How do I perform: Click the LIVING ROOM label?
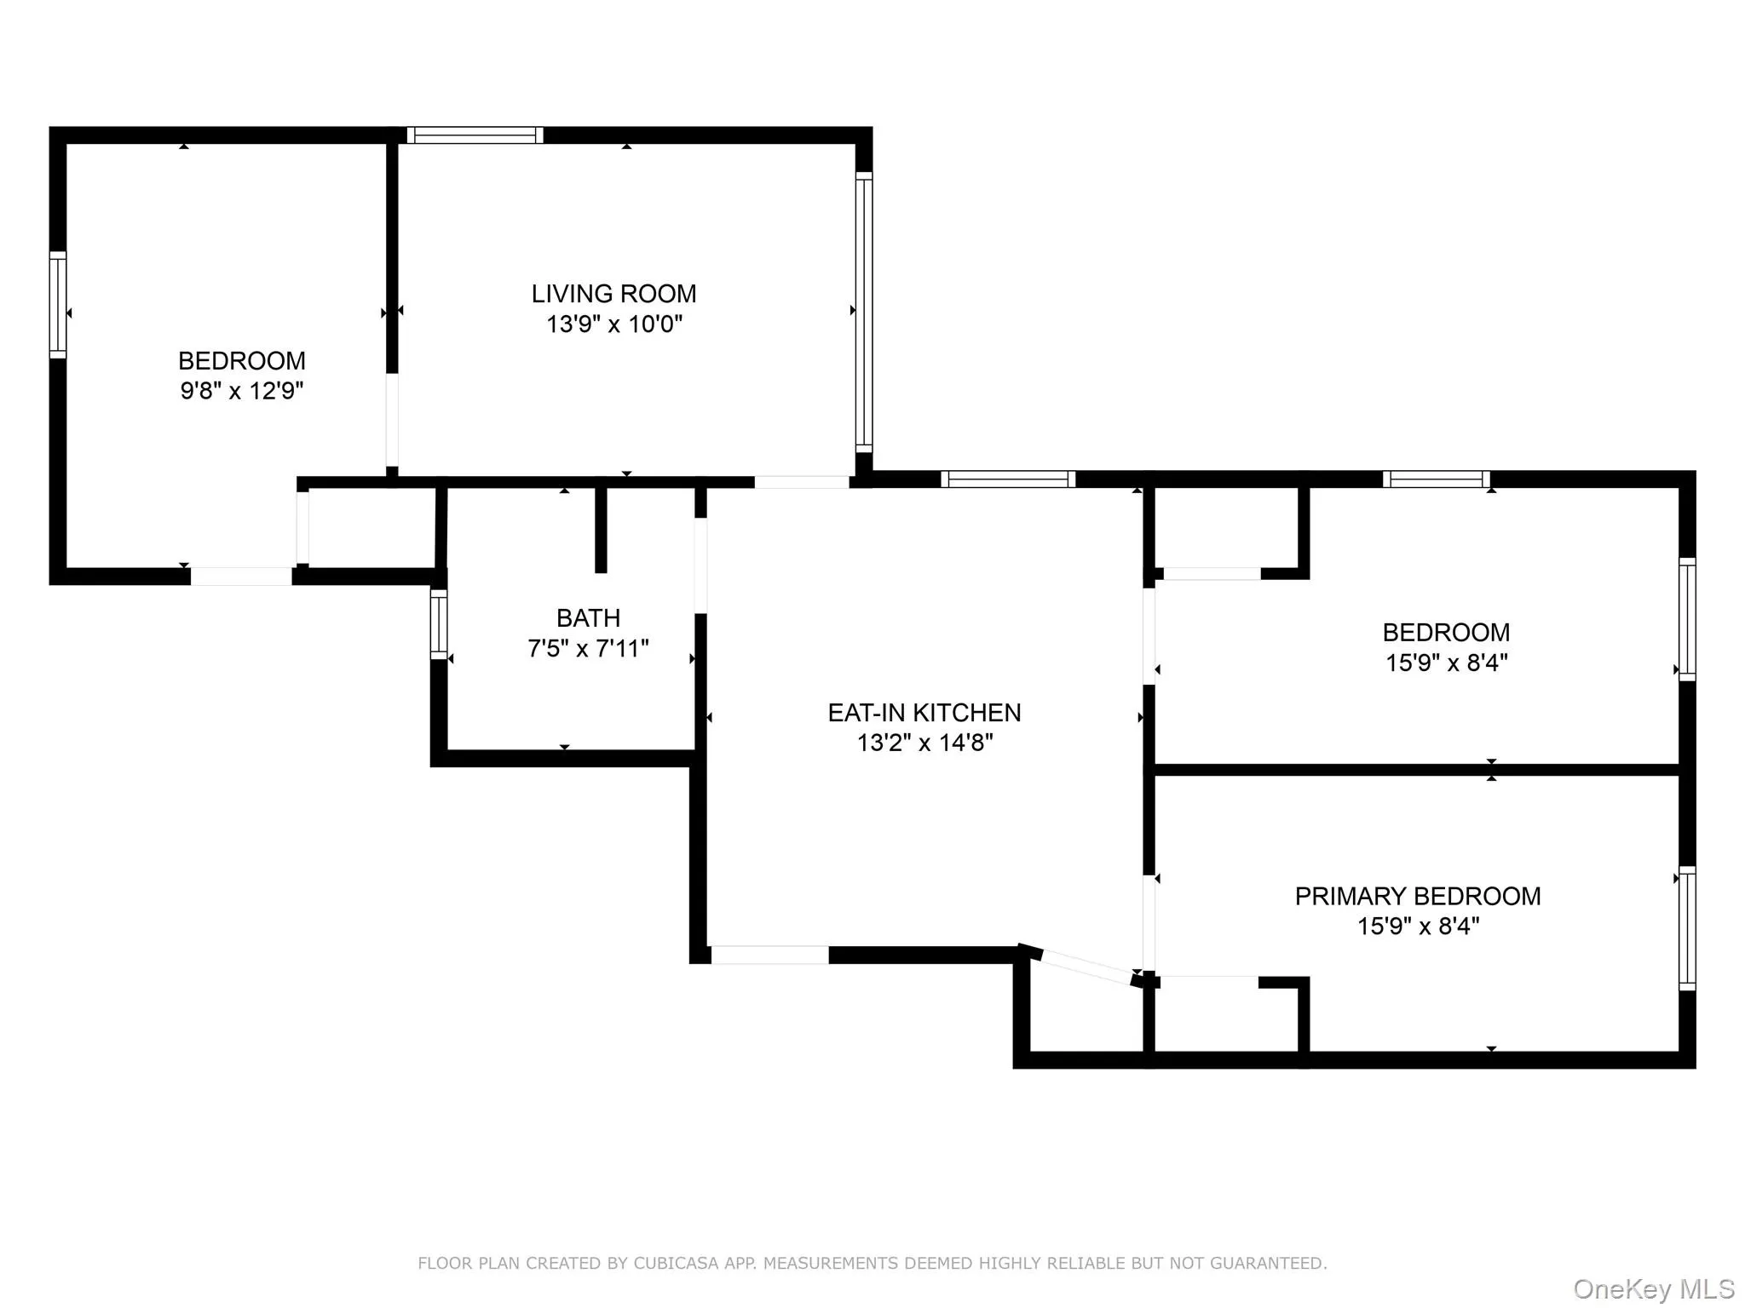(x=613, y=294)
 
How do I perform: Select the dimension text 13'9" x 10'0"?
(x=613, y=324)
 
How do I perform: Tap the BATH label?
(x=588, y=617)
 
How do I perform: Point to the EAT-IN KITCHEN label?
(x=924, y=712)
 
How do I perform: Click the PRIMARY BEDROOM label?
(x=1417, y=896)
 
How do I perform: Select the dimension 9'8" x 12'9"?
(x=242, y=391)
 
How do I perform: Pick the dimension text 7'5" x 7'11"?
(x=588, y=649)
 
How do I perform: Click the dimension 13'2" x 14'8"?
(x=924, y=743)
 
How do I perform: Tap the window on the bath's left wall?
(x=439, y=624)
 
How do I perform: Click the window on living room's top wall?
(x=475, y=135)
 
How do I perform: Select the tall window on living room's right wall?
(x=864, y=312)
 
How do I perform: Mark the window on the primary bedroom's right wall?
(x=1686, y=928)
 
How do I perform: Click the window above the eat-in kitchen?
(x=1008, y=479)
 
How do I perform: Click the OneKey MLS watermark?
(x=1653, y=1289)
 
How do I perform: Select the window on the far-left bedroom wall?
(x=57, y=304)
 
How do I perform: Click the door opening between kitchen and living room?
(x=802, y=482)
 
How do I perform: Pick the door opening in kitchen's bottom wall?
(x=769, y=955)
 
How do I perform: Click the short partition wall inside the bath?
(x=601, y=528)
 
